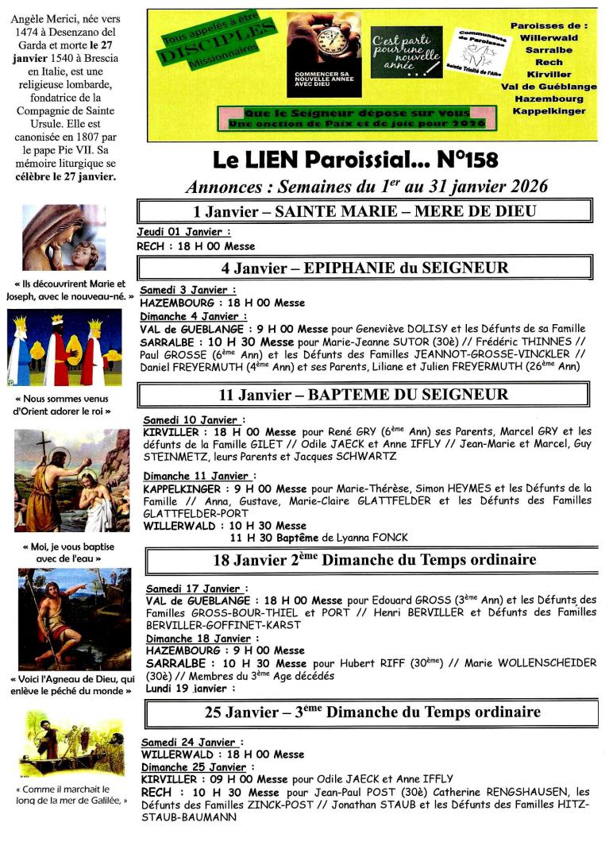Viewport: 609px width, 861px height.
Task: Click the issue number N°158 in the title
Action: pyautogui.click(x=467, y=160)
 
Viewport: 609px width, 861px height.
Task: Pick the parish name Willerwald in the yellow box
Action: pyautogui.click(x=549, y=37)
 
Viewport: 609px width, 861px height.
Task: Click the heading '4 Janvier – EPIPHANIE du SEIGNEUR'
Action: pyautogui.click(x=364, y=268)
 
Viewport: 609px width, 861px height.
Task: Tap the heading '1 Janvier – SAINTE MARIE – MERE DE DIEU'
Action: pyautogui.click(x=364, y=210)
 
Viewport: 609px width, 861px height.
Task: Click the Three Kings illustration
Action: pyautogui.click(x=64, y=347)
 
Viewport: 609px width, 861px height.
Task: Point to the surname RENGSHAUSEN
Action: pyautogui.click(x=524, y=792)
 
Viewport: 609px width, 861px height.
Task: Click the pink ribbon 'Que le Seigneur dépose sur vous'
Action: pyautogui.click(x=357, y=114)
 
